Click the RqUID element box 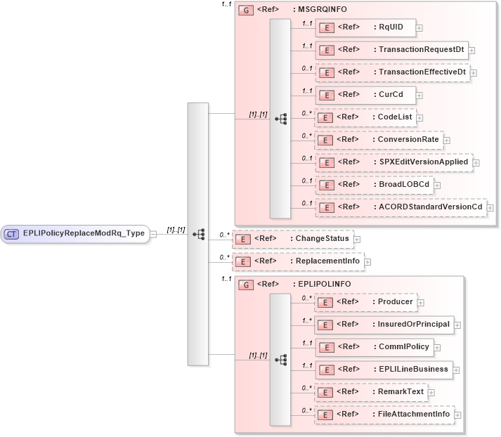365,27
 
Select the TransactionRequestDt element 391,50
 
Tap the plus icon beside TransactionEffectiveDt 474,72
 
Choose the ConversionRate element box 379,139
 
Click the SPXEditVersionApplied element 393,162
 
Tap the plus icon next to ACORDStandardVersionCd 490,208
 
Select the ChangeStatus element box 292,239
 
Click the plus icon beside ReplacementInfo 367,261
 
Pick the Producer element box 365,302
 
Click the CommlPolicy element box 372,346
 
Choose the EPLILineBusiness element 382,369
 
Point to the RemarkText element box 370,392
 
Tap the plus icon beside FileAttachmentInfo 458,415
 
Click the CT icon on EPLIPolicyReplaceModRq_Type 12,233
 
